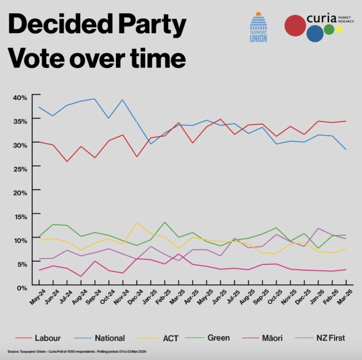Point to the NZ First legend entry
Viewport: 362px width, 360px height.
click(x=330, y=338)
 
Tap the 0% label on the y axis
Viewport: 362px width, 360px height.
click(x=22, y=287)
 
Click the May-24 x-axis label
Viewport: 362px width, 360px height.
click(x=34, y=297)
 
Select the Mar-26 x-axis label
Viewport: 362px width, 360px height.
click(x=348, y=297)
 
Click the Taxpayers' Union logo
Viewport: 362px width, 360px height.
click(x=258, y=27)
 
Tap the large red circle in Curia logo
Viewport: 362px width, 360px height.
click(x=296, y=25)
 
